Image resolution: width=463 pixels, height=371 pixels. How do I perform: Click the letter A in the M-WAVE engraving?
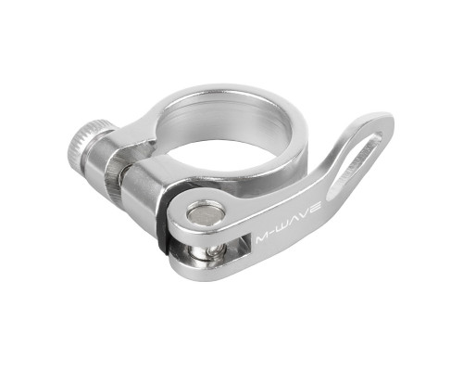[297, 220]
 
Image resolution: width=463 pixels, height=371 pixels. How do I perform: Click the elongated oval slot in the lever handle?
[355, 164]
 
